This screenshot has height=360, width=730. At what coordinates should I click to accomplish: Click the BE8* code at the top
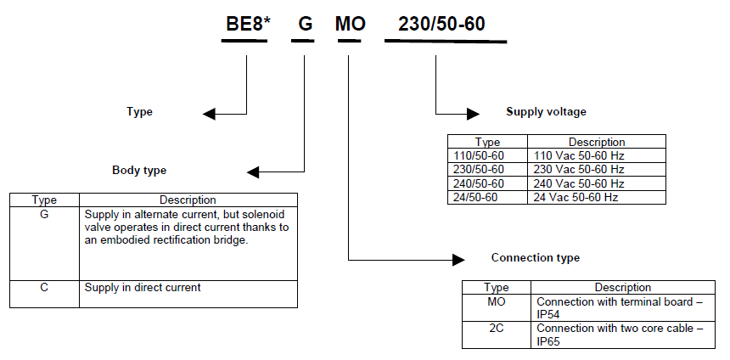pyautogui.click(x=247, y=24)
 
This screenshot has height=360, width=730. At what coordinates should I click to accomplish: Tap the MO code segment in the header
pyautogui.click(x=350, y=24)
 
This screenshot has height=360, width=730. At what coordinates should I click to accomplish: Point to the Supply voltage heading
pyautogui.click(x=546, y=111)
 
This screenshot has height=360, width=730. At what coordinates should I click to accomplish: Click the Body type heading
pyautogui.click(x=139, y=170)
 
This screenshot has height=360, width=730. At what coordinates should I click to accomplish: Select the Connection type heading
pyautogui.click(x=536, y=257)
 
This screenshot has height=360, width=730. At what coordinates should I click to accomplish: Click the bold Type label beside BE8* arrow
pyautogui.click(x=139, y=111)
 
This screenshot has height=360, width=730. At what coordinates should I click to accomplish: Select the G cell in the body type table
pyautogui.click(x=44, y=216)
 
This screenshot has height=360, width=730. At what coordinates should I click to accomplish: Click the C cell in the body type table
pyautogui.click(x=44, y=287)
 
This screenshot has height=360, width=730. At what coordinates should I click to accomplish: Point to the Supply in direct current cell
pyautogui.click(x=143, y=287)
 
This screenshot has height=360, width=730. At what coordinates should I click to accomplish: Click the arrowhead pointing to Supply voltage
pyautogui.click(x=473, y=112)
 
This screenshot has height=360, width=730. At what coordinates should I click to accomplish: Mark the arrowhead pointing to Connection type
pyautogui.click(x=458, y=258)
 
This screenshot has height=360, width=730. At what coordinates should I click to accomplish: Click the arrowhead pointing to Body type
pyautogui.click(x=254, y=172)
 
